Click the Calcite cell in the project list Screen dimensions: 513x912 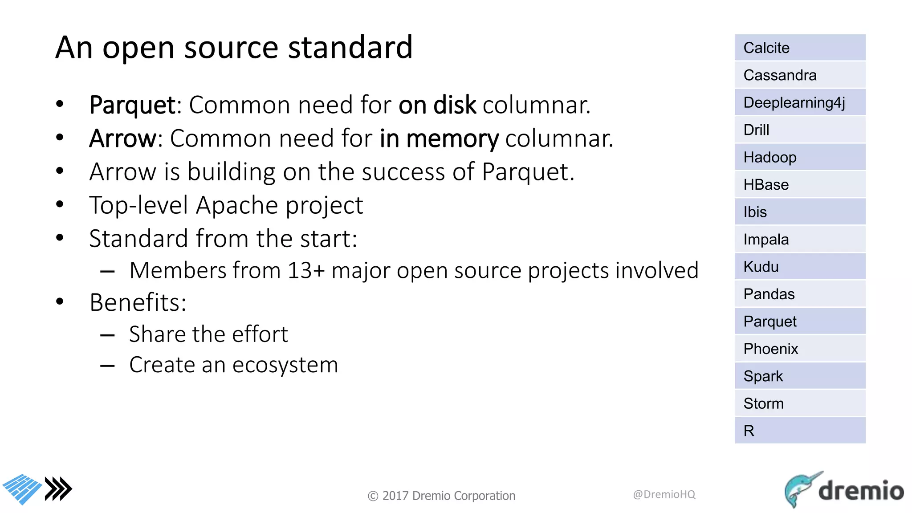[800, 48]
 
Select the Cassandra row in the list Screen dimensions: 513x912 [800, 75]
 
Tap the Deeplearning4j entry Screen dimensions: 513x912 [800, 102]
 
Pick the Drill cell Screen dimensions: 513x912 [800, 130]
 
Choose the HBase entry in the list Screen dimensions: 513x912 [800, 185]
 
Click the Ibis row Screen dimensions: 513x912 [800, 212]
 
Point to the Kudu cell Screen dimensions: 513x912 [800, 267]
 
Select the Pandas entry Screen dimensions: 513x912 [800, 294]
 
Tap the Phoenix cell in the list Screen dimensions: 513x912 [800, 349]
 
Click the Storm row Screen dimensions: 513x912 [800, 403]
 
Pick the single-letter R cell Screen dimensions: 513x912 [800, 431]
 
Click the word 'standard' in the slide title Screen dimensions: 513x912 [350, 47]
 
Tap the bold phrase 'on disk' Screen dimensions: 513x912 [437, 105]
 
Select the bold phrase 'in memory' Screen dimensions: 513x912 [439, 138]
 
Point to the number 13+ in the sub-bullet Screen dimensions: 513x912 [306, 270]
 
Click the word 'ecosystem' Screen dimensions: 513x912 [285, 365]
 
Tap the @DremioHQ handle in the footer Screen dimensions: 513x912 [664, 494]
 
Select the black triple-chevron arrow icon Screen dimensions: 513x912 [58, 489]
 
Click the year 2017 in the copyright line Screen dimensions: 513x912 [395, 496]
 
